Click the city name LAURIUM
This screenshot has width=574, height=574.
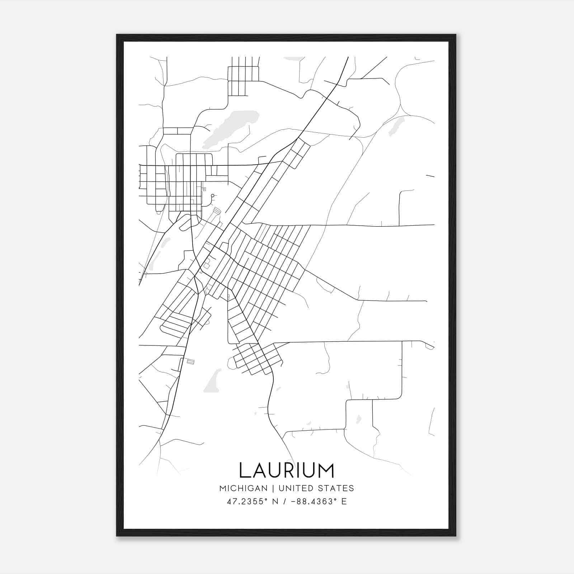coord(286,470)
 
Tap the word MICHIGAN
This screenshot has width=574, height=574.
coord(243,488)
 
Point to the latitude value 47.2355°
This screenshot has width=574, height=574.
coord(248,502)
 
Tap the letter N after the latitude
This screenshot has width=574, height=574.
coord(276,502)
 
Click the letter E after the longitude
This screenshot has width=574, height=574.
coord(344,502)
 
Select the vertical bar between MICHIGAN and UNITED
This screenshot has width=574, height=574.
coord(273,488)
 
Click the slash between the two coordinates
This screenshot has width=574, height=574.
coord(284,502)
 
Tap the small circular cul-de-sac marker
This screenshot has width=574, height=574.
coord(212,196)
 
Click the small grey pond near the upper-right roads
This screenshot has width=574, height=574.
coord(397,124)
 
